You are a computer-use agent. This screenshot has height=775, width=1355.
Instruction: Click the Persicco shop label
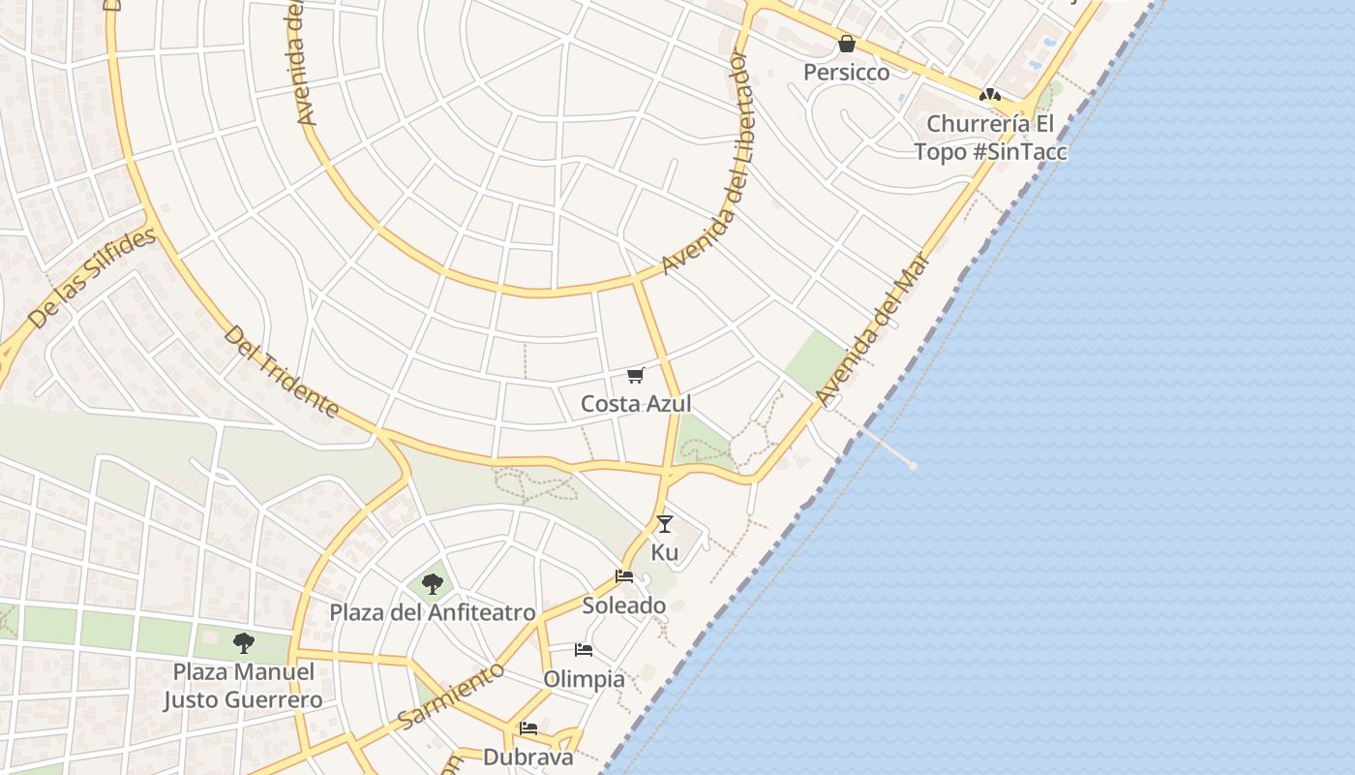847,73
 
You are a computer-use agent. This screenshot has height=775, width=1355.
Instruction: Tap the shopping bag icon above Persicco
847,44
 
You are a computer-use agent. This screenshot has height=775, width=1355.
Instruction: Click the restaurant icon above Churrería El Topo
989,95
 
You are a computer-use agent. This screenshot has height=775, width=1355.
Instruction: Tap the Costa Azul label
636,404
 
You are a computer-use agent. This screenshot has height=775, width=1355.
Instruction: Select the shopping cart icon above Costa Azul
635,376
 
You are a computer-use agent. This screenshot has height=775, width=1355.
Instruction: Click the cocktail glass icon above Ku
664,524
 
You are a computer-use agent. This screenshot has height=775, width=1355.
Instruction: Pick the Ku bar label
665,552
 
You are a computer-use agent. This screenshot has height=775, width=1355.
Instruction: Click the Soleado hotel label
624,605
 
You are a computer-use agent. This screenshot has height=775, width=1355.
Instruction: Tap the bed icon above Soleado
624,576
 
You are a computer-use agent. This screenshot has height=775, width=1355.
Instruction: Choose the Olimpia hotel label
584,678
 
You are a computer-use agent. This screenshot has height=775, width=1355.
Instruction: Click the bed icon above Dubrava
528,728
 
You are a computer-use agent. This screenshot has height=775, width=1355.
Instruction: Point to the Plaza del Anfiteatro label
433,612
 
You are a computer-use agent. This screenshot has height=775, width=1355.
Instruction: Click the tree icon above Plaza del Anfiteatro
433,583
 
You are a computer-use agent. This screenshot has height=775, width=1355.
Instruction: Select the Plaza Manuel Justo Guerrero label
243,686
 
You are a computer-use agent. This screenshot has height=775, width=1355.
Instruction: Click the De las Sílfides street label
92,279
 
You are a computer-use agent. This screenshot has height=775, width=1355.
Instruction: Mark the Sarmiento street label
451,696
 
